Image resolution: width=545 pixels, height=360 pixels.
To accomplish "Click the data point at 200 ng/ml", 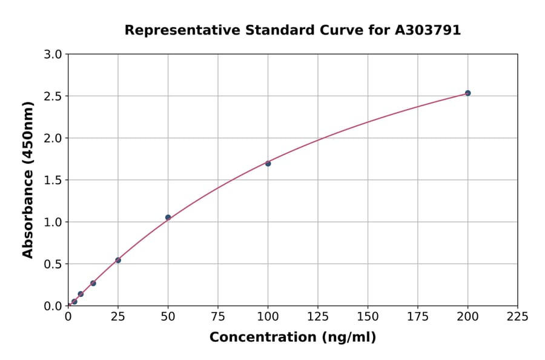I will pyautogui.click(x=467, y=93).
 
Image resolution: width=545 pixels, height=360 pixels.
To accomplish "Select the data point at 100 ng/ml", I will pyautogui.click(x=268, y=164).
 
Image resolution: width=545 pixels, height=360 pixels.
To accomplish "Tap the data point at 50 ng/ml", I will pyautogui.click(x=168, y=218).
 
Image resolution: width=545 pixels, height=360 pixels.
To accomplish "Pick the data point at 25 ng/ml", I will pyautogui.click(x=118, y=261).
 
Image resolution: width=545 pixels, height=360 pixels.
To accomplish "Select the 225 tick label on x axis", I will pyautogui.click(x=517, y=317).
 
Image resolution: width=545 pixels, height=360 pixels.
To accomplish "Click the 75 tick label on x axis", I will pyautogui.click(x=218, y=317).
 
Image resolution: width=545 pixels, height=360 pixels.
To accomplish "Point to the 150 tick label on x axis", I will pyautogui.click(x=368, y=317).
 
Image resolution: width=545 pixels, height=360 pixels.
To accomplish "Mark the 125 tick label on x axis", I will pyautogui.click(x=318, y=317).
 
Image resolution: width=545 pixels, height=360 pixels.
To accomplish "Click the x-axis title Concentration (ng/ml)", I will pyautogui.click(x=292, y=338).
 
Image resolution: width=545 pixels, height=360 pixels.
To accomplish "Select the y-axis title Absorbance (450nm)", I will pyautogui.click(x=28, y=180).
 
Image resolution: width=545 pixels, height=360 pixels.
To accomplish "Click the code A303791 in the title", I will pyautogui.click(x=428, y=30).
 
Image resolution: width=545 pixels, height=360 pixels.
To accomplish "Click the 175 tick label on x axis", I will pyautogui.click(x=417, y=317).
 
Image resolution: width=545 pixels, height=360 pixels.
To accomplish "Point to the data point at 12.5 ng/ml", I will pyautogui.click(x=93, y=283).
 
